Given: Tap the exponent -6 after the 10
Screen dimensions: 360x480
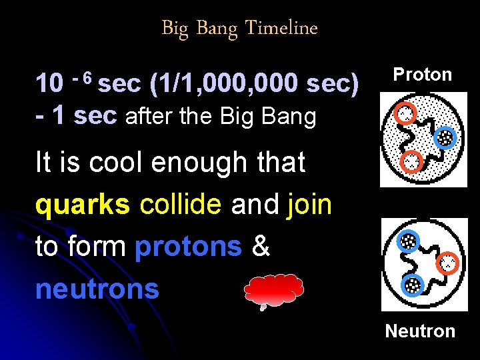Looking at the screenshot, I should (84, 77).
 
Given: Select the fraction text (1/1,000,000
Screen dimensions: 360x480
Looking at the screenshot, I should (227, 84).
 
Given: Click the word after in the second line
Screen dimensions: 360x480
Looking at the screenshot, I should (147, 116).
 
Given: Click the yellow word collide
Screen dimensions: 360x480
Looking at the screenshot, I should (180, 205).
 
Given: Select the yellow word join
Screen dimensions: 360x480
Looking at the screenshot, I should (309, 205).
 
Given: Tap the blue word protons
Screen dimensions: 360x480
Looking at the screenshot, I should (188, 247).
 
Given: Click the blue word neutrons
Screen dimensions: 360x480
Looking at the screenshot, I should (97, 288).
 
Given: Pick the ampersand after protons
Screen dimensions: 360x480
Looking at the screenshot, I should (261, 247).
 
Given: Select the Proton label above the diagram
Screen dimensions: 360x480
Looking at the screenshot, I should (422, 74).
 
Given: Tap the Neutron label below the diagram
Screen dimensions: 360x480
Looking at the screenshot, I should (420, 331).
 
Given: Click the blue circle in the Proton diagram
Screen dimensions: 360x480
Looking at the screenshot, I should (445, 137).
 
